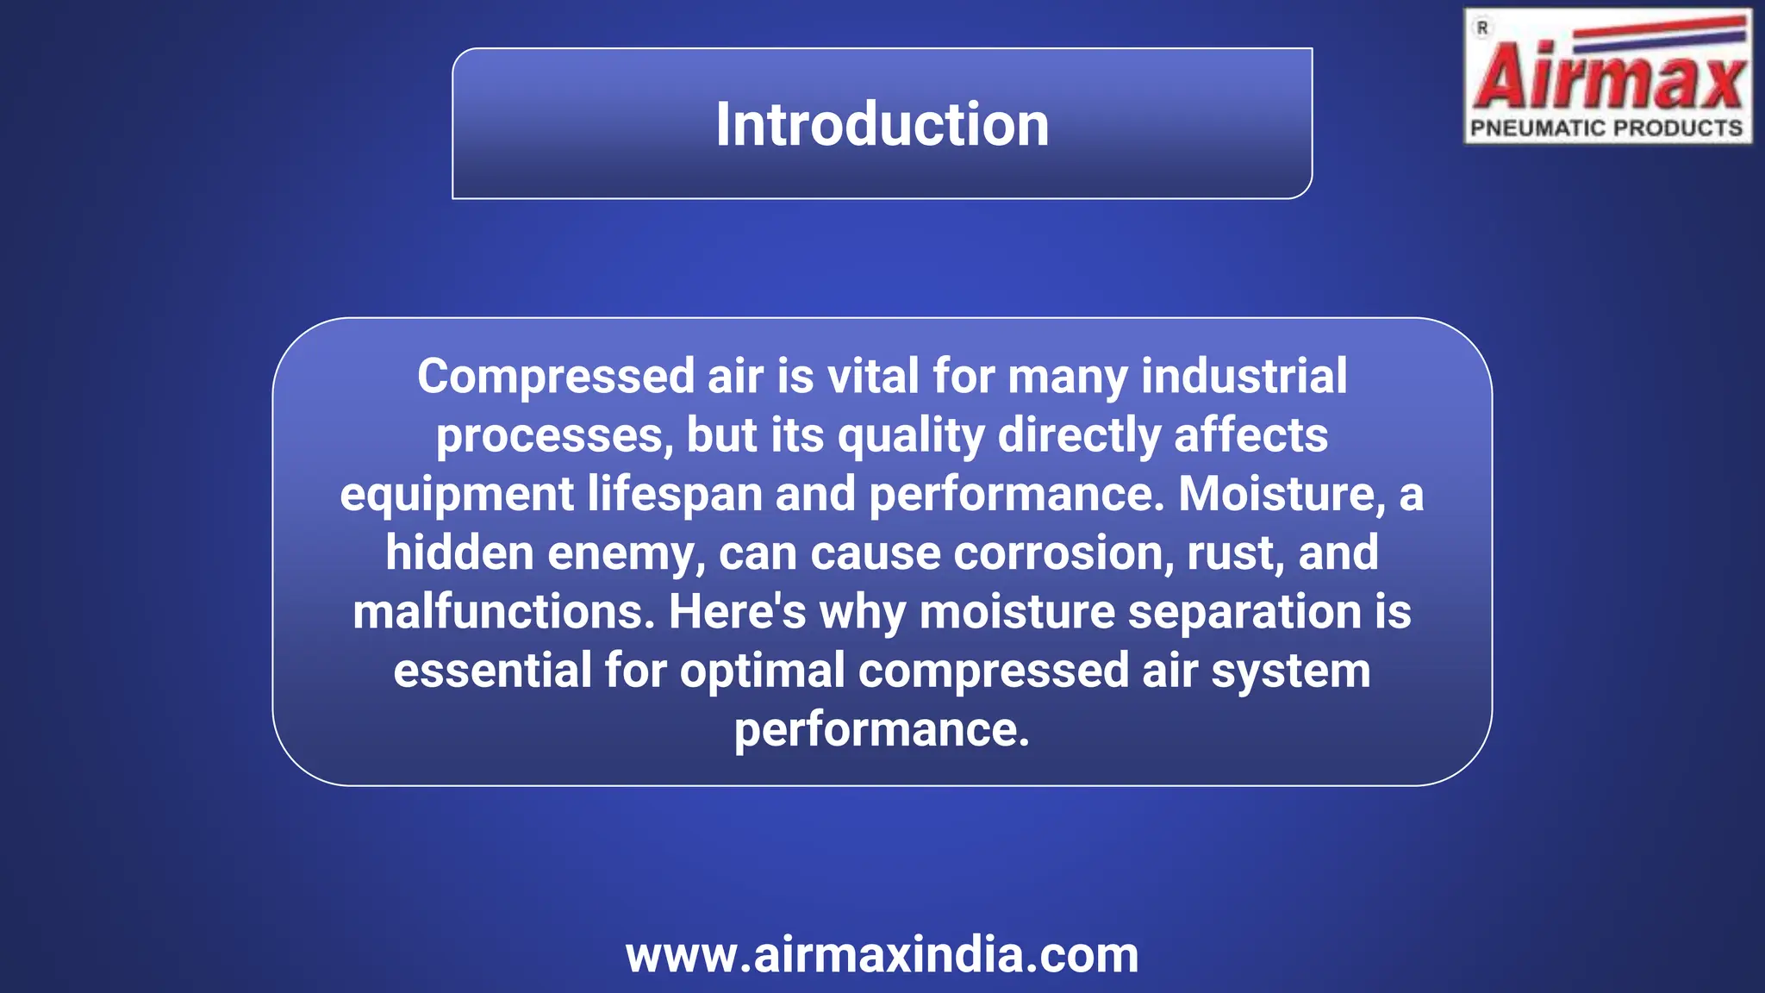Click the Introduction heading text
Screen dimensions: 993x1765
click(x=882, y=124)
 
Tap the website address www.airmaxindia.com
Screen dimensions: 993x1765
click(x=882, y=955)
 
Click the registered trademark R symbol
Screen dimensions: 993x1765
click(x=1482, y=28)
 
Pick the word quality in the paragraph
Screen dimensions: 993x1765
click(x=911, y=436)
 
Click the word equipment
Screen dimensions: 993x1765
click(x=457, y=495)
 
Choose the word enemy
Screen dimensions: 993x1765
click(x=626, y=553)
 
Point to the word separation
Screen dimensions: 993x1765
click(x=1244, y=612)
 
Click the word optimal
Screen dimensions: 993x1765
click(x=762, y=671)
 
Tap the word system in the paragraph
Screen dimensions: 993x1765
click(x=1290, y=671)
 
